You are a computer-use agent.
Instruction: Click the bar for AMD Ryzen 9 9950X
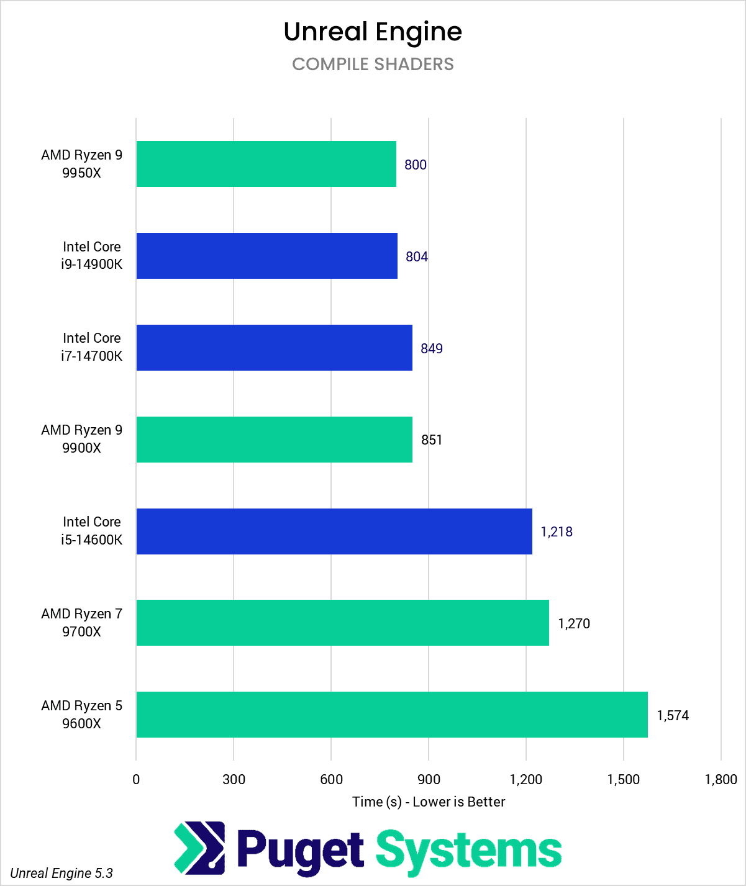point(266,164)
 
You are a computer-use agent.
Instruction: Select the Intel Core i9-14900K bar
point(266,256)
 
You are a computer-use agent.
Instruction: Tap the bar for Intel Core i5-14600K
point(334,531)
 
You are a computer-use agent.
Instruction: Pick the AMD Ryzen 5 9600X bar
point(391,715)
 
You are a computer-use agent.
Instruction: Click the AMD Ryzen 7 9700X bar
point(342,623)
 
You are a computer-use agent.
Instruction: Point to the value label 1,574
point(673,715)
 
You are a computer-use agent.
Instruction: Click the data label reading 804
point(417,256)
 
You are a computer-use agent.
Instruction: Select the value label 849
point(432,348)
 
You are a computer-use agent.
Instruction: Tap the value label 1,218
point(557,531)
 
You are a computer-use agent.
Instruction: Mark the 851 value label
point(432,440)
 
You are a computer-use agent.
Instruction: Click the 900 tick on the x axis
point(429,779)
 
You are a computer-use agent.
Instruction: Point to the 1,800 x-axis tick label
point(721,779)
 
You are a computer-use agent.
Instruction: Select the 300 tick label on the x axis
point(234,779)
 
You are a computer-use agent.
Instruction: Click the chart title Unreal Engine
point(373,32)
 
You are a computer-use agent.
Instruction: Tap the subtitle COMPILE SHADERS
point(373,64)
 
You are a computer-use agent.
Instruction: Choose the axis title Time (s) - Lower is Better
point(429,802)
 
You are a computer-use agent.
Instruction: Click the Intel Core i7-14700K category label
point(92,347)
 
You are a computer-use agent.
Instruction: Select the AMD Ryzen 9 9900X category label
point(81,439)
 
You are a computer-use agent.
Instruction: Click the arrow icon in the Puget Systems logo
point(199,846)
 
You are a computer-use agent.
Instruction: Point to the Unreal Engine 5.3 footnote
point(61,873)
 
